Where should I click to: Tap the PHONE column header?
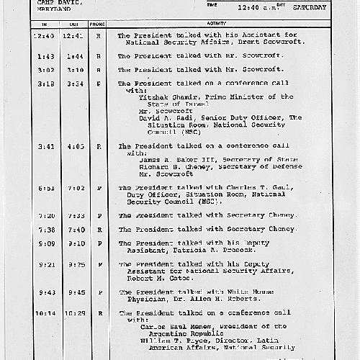pyautogui.click(x=98, y=23)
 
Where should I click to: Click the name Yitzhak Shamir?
pyautogui.click(x=163, y=96)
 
